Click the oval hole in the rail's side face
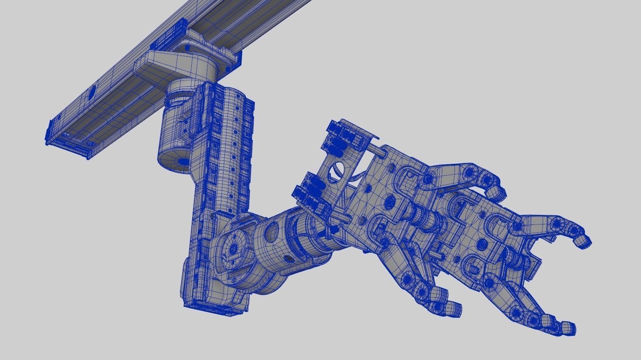tap(92, 92)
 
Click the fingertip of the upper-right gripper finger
tap(582, 241)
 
